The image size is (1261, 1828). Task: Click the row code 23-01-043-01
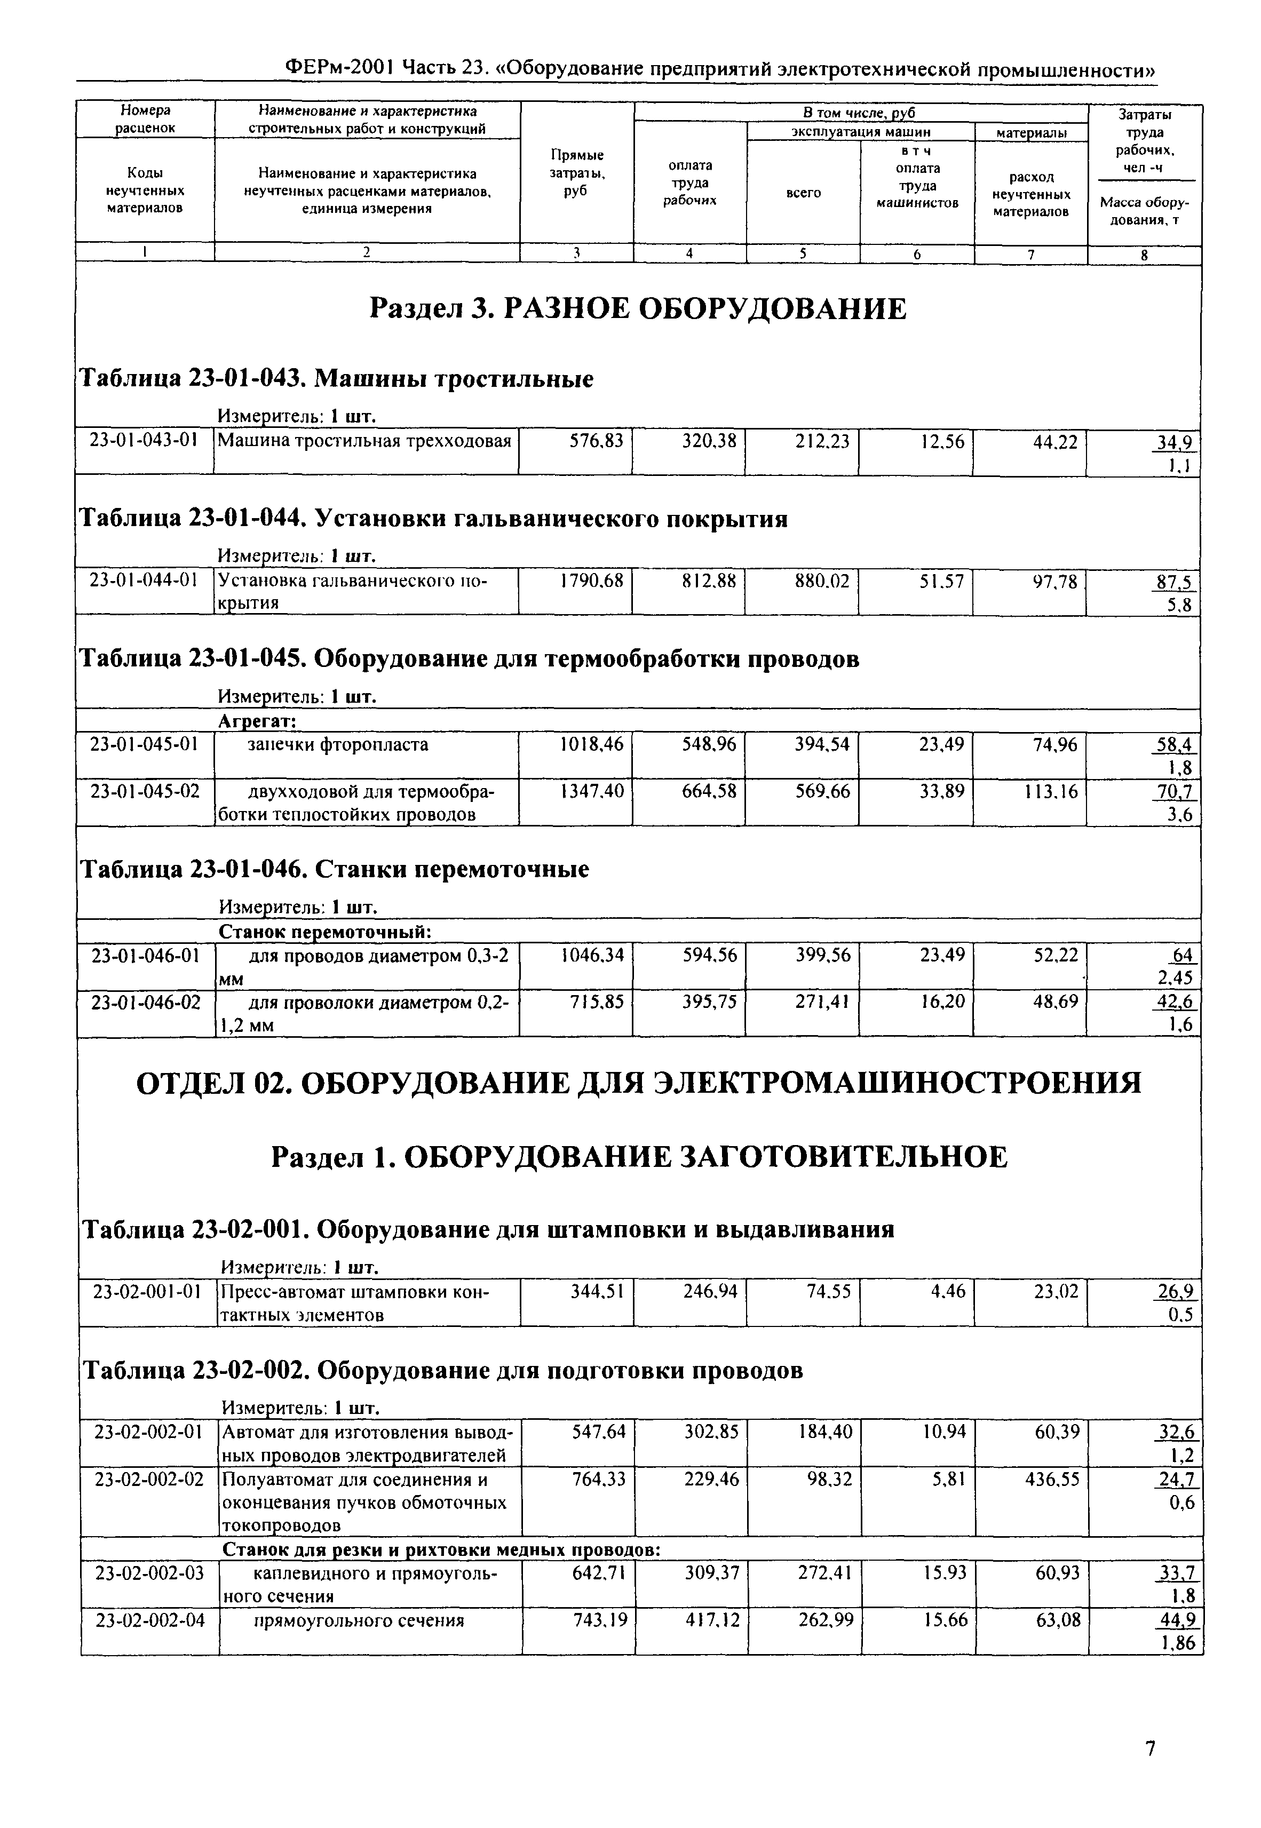[x=144, y=441]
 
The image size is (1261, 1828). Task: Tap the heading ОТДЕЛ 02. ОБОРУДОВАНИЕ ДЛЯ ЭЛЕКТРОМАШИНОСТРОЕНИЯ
[x=638, y=1082]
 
